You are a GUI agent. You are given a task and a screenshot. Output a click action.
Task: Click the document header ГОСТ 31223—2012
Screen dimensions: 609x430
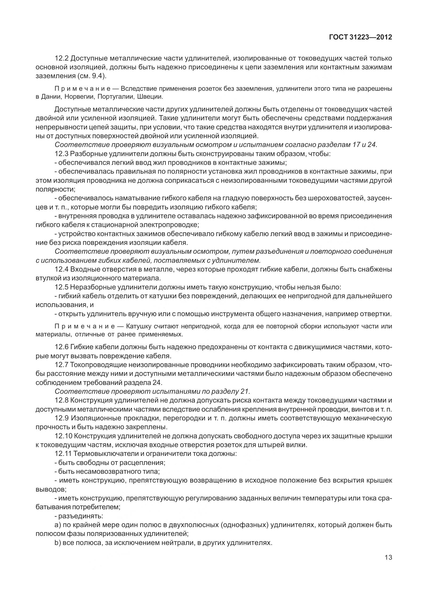coord(361,37)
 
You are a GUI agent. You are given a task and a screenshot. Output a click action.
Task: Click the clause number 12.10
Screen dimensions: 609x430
coord(63,436)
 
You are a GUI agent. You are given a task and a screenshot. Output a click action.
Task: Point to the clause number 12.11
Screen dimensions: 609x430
coord(63,453)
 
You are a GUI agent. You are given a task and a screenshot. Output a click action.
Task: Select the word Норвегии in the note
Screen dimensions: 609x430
coord(80,96)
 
